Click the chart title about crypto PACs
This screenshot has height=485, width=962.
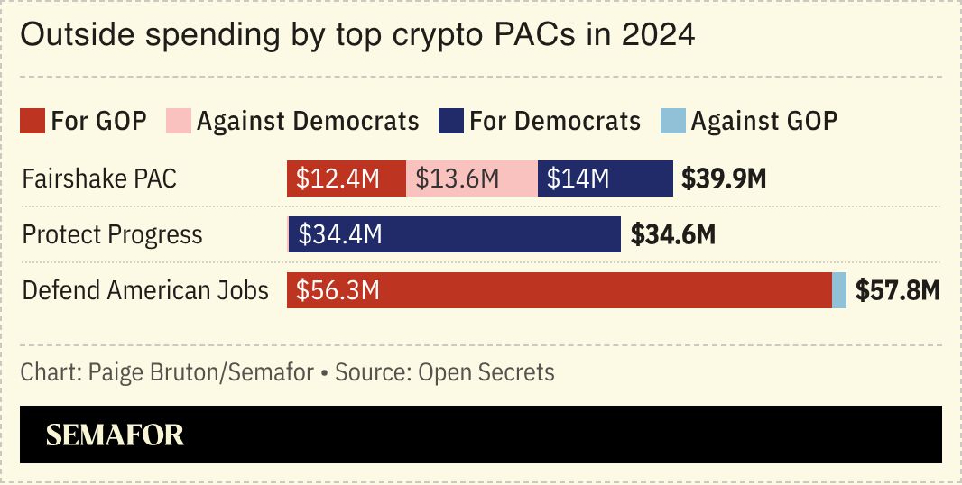click(357, 35)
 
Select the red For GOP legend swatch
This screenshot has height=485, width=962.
click(32, 121)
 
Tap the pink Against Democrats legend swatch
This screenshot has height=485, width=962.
click(179, 121)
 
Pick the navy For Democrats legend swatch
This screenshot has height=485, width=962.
click(450, 121)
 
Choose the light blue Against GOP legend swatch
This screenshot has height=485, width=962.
click(673, 121)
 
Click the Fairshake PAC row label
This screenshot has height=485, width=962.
click(99, 178)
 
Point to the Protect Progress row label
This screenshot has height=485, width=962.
click(112, 234)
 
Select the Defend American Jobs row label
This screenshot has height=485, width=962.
click(145, 290)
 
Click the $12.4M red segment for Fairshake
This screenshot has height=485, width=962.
click(347, 178)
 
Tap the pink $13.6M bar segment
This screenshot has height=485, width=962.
click(471, 178)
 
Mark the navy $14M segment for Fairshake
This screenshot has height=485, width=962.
click(605, 178)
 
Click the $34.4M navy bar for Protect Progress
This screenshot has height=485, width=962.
click(455, 234)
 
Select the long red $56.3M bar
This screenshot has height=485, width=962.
click(560, 290)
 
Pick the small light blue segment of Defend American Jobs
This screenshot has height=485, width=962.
click(839, 290)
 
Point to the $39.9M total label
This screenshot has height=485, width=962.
click(724, 178)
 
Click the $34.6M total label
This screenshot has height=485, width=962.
click(672, 234)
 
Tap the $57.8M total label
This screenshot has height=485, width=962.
click(898, 290)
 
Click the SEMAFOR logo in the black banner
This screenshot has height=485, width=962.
click(115, 435)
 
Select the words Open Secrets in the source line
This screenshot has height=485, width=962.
click(486, 371)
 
